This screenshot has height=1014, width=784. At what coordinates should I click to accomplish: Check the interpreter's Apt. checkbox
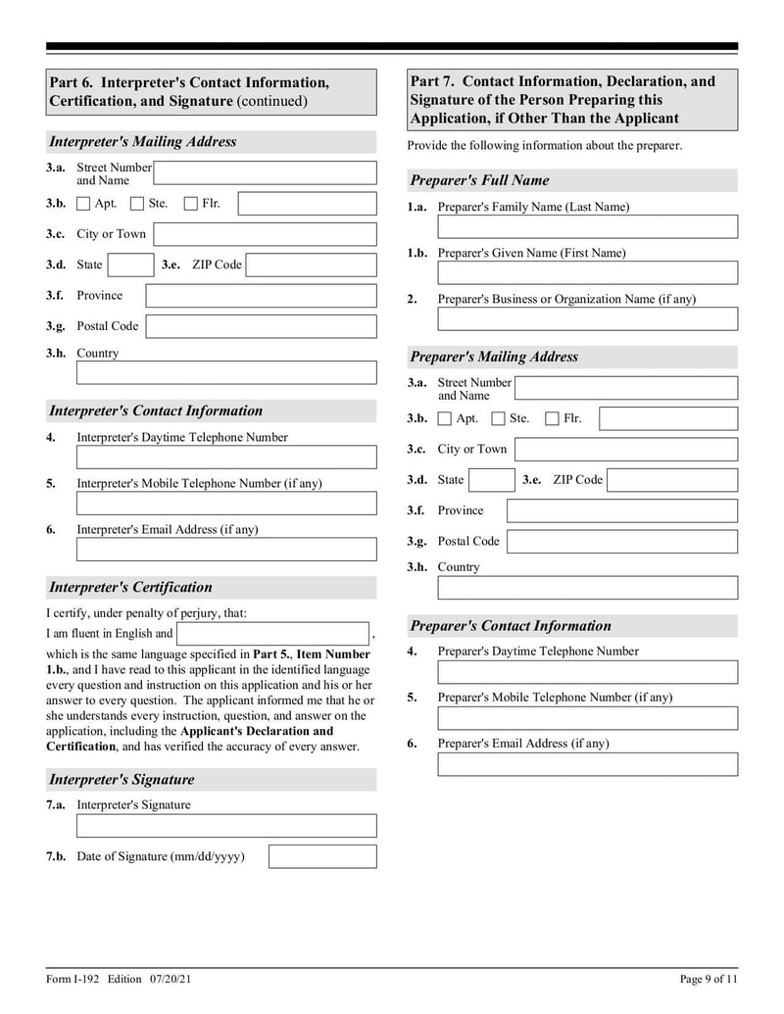(83, 204)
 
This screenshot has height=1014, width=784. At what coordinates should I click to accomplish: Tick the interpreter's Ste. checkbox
(137, 204)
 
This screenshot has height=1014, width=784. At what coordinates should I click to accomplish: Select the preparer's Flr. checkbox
(552, 419)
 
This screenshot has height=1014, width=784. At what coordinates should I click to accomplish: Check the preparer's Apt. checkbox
(445, 419)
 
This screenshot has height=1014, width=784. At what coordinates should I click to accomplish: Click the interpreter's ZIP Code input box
(311, 265)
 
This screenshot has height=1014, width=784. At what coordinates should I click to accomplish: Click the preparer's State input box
(491, 480)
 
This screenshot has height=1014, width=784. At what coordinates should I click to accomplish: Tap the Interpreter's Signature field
(226, 826)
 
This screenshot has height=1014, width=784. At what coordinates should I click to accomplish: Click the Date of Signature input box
(322, 856)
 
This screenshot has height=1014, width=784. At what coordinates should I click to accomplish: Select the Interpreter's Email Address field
(226, 550)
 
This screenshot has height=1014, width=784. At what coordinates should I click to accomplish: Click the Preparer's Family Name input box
(587, 227)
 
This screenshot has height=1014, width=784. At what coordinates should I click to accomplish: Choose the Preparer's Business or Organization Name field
(587, 319)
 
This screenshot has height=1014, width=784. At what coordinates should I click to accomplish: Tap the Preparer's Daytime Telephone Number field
(587, 672)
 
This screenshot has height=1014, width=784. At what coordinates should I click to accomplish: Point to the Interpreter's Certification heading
(130, 588)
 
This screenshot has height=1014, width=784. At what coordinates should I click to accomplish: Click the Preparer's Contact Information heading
(510, 626)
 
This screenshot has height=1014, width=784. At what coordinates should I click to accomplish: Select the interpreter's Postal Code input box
(261, 326)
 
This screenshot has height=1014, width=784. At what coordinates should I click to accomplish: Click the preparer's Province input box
(621, 510)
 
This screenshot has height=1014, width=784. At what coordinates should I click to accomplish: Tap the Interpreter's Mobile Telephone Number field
(226, 504)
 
